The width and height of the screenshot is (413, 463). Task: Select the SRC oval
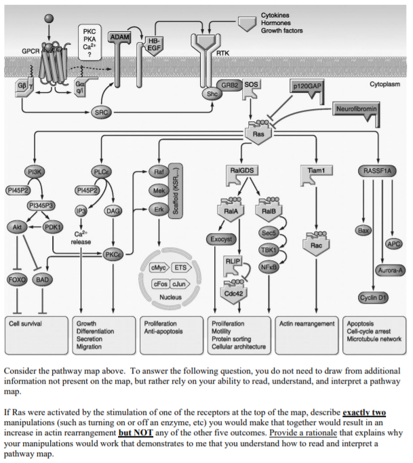point(102,111)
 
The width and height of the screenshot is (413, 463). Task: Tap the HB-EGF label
point(153,44)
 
